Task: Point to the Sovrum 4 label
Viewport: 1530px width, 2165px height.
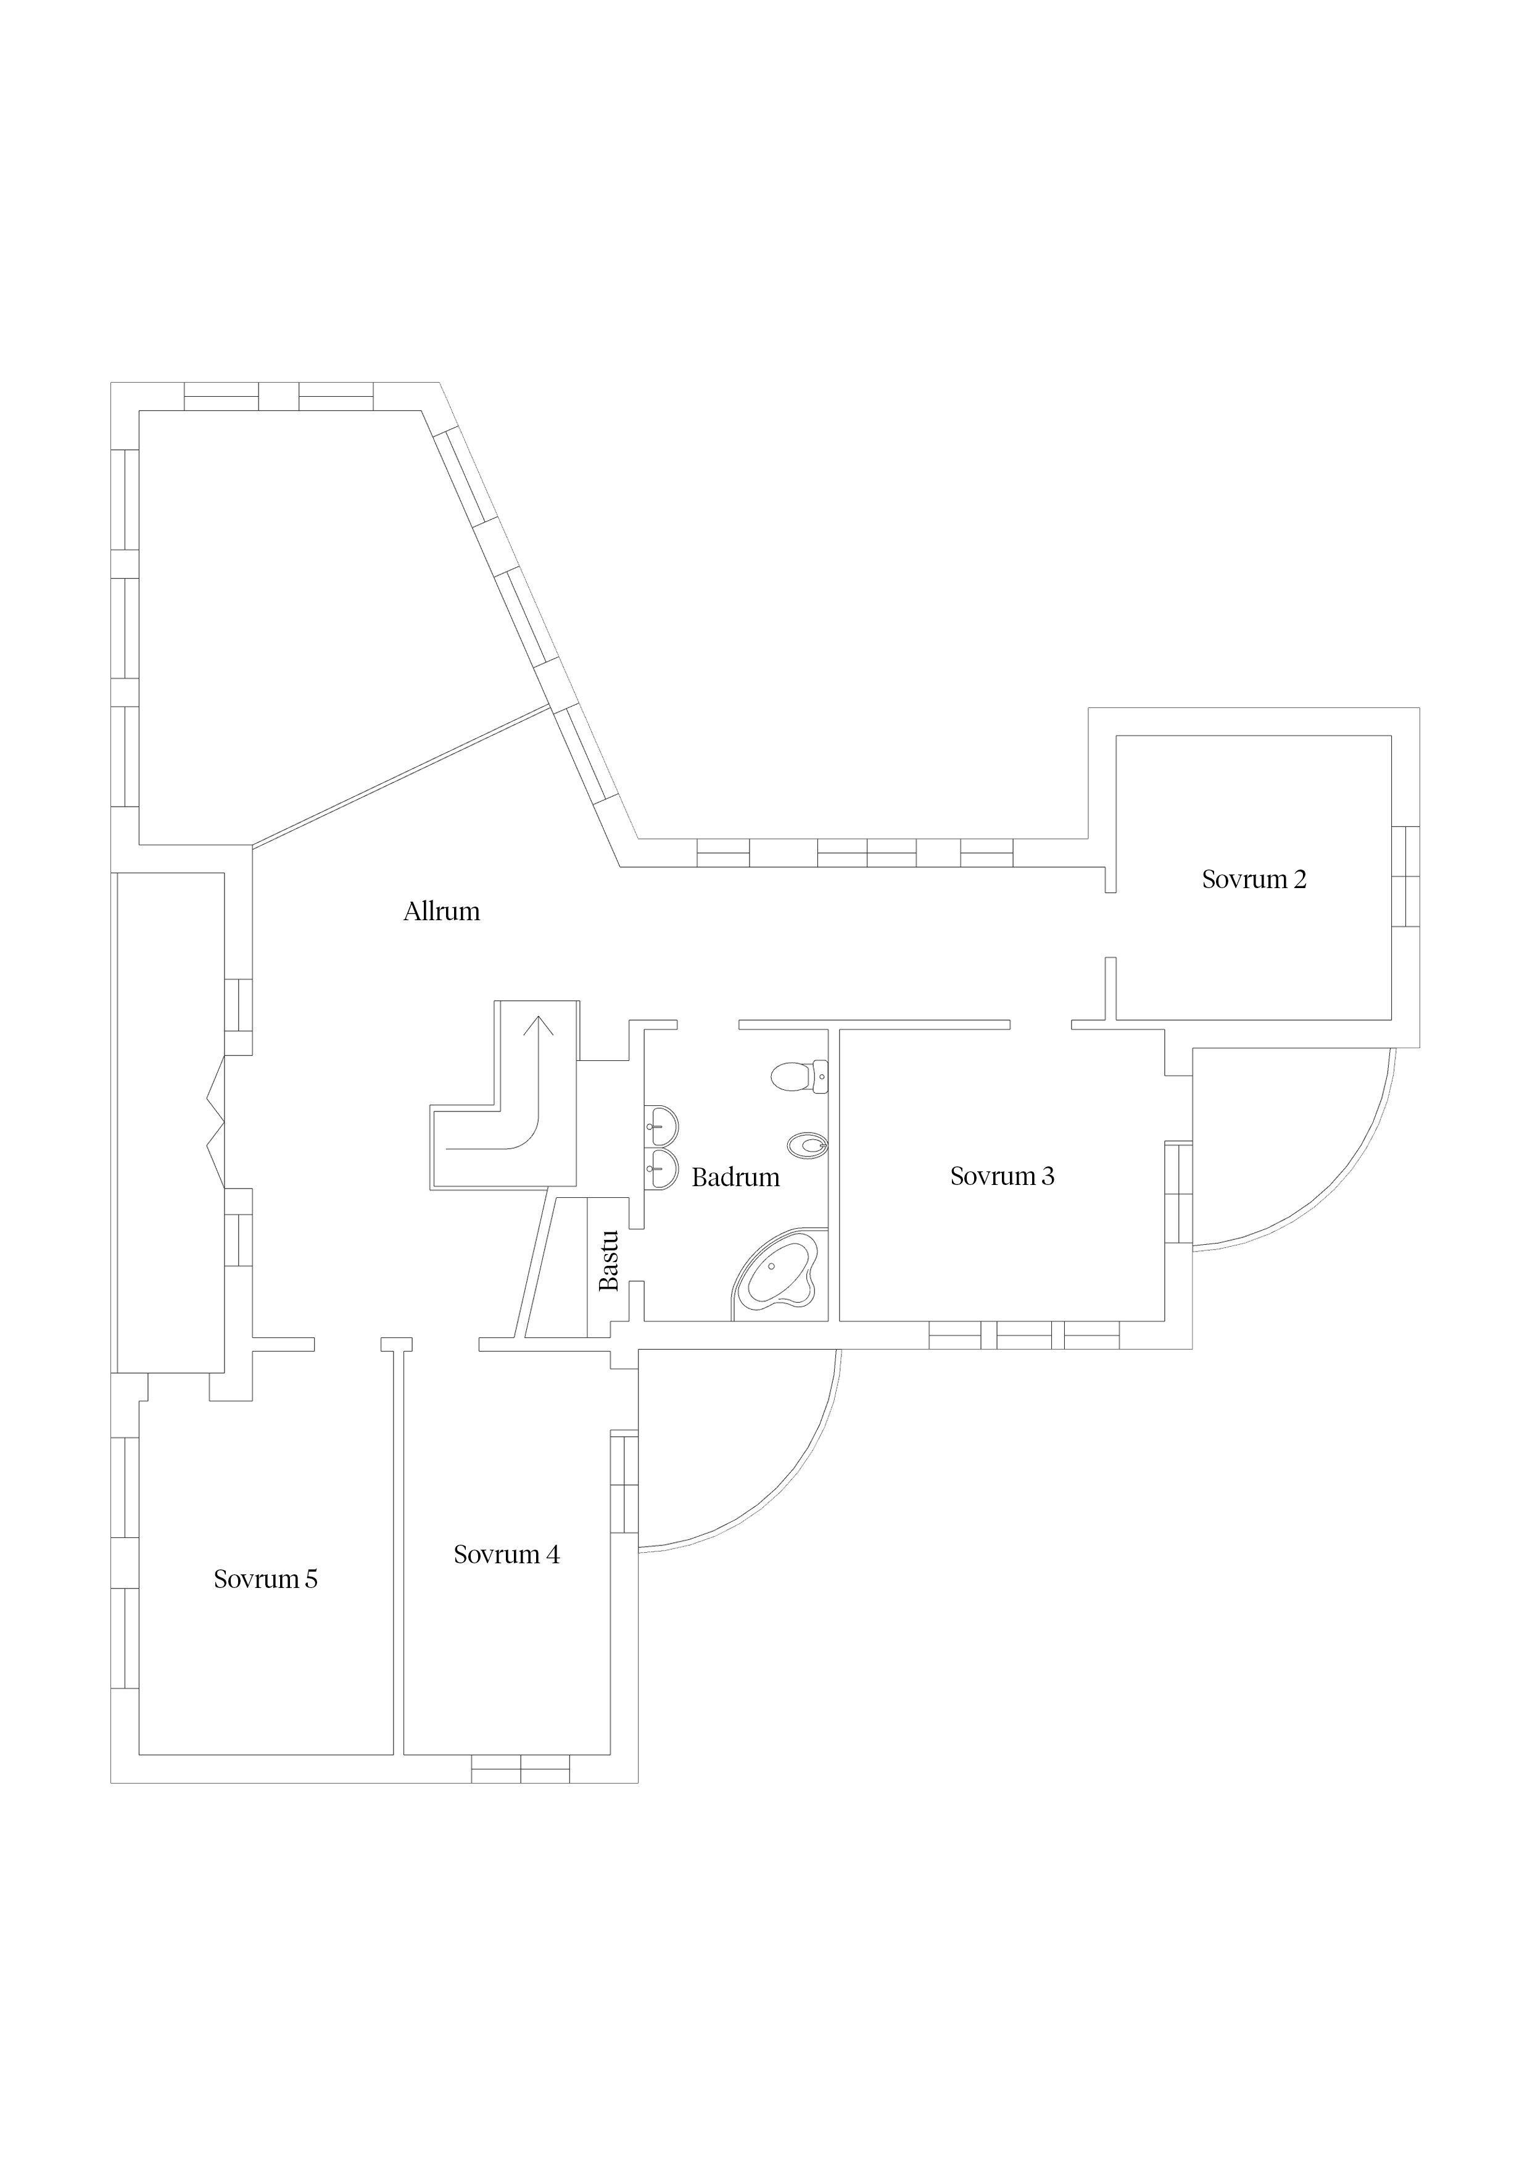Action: click(507, 1554)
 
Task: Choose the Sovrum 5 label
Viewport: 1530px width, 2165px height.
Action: click(266, 1579)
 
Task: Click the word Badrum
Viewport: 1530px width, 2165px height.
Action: click(735, 1177)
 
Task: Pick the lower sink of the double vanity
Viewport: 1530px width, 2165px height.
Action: click(661, 1170)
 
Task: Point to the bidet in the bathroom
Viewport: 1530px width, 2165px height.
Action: click(807, 1145)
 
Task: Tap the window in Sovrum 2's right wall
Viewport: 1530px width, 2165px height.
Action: click(1405, 877)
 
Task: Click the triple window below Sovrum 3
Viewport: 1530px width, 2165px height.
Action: click(1025, 1335)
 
